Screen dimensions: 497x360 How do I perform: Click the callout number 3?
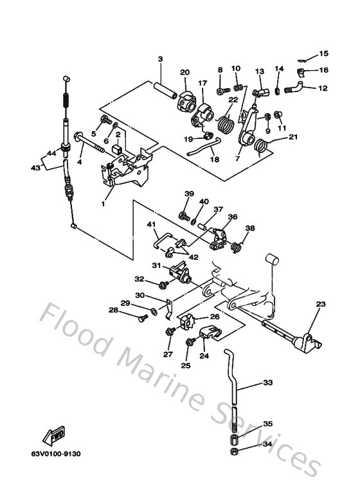click(x=159, y=59)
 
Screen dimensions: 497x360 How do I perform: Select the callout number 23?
click(x=321, y=305)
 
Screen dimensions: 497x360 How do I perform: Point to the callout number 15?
click(x=323, y=53)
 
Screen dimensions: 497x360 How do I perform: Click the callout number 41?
click(x=152, y=224)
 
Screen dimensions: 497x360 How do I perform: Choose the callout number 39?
click(x=189, y=194)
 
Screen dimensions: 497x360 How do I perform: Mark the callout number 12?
click(x=323, y=88)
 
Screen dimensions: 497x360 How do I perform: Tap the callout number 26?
click(x=215, y=317)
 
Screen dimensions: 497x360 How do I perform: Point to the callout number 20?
click(x=185, y=72)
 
